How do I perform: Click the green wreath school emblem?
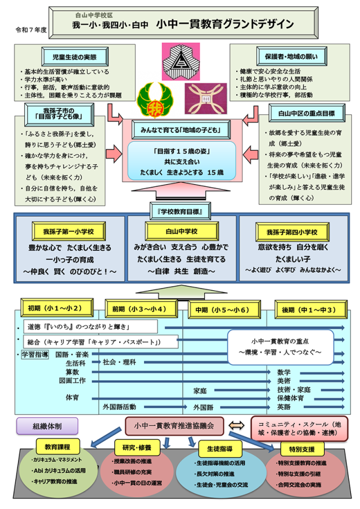[151, 97]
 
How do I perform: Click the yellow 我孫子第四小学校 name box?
[292, 231]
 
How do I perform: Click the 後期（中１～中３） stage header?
[310, 309]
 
